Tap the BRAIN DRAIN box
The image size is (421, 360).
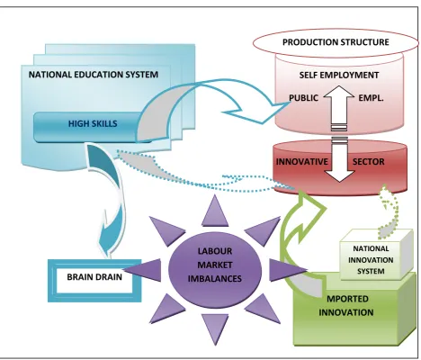coord(94,281)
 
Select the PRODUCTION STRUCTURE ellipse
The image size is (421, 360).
coord(336,42)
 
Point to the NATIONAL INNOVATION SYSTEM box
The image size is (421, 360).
coord(376,255)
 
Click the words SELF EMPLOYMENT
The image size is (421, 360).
coord(339,75)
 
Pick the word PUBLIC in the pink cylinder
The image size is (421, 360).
coord(303,98)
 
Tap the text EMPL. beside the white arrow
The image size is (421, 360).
coord(371,98)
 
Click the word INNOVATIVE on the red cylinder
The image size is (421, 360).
coord(302,162)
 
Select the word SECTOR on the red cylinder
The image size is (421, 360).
coord(368,162)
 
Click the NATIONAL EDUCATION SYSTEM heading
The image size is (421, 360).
coord(94,75)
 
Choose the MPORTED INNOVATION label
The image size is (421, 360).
coord(346,306)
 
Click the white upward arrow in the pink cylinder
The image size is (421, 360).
coord(339,107)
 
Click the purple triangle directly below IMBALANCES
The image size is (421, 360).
coord(215,327)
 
